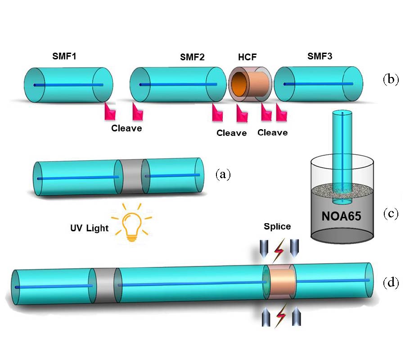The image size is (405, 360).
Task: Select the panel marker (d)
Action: tap(391, 283)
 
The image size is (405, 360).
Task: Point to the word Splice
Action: tap(277, 226)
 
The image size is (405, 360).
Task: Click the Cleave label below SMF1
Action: tap(126, 128)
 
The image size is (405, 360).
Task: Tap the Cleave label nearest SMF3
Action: tap(273, 132)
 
